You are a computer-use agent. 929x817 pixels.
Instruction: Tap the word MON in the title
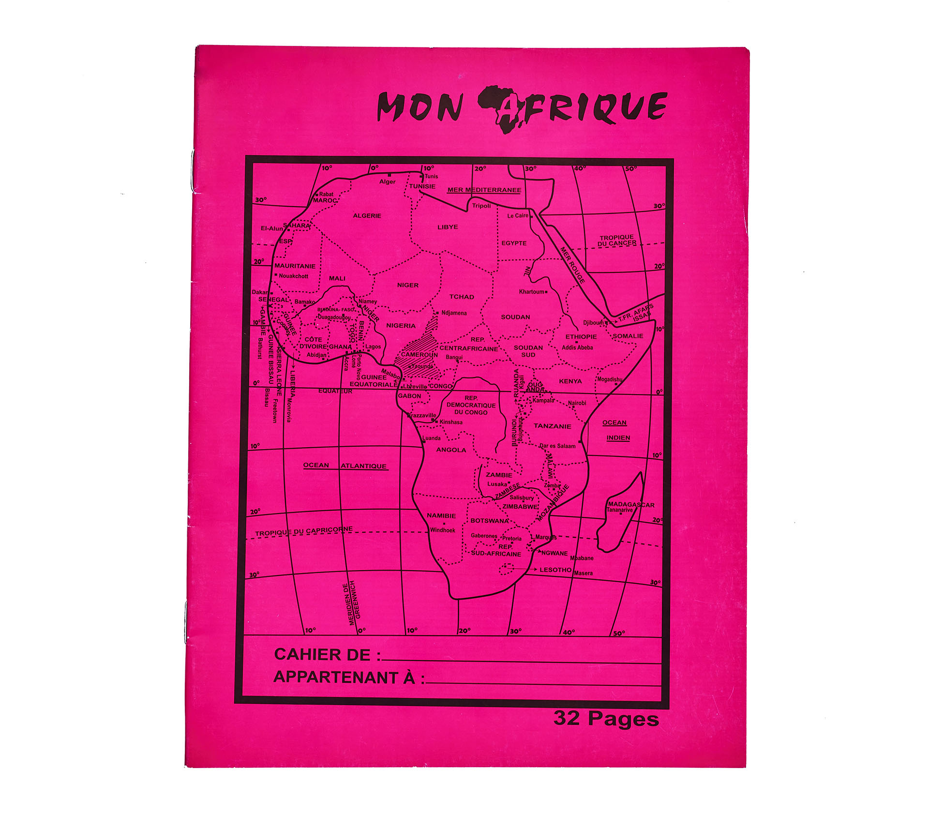420,107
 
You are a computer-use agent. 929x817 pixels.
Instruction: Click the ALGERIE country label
367,216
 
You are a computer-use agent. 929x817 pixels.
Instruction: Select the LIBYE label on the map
448,227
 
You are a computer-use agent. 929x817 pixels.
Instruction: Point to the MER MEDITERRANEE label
484,190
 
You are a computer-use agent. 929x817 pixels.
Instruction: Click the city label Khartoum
532,292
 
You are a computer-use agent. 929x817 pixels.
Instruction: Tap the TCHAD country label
462,297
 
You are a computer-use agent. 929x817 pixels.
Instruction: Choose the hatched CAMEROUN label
419,355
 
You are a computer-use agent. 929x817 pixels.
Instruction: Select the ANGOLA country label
451,450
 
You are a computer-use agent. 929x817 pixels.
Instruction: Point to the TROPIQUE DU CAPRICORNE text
304,531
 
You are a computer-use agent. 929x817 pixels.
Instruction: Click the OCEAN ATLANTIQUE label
345,466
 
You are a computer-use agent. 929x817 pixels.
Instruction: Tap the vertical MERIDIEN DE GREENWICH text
355,603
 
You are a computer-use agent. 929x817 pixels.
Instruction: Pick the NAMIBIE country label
441,516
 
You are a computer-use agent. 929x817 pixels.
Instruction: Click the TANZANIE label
553,426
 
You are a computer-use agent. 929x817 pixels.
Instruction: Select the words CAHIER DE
322,655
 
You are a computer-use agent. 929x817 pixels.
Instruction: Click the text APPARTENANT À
345,677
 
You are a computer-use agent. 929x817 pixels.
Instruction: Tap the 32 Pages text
606,718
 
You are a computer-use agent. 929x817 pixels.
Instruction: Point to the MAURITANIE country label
295,266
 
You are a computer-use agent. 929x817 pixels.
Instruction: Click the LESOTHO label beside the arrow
555,570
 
